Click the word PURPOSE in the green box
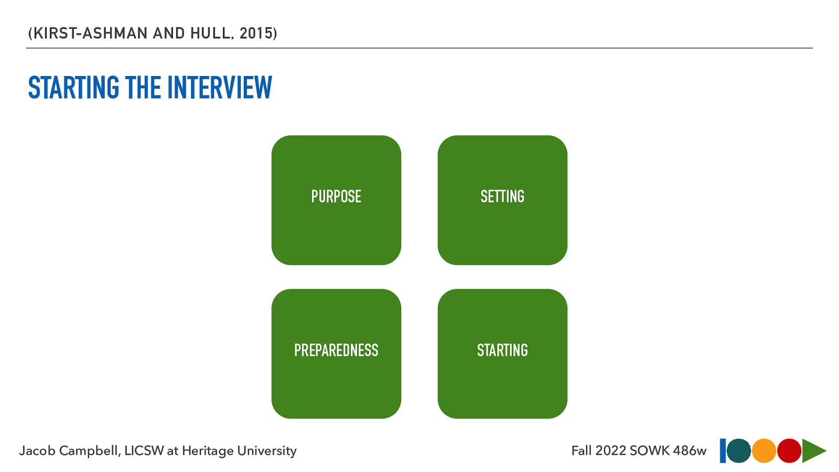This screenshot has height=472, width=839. tap(336, 197)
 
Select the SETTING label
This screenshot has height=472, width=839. tap(502, 197)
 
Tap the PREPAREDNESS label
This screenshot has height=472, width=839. tap(336, 350)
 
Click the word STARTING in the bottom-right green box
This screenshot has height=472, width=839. tap(502, 350)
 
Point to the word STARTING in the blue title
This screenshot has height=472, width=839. tap(74, 88)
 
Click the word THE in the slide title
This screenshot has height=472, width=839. tap(143, 88)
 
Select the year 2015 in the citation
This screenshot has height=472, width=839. tap(256, 34)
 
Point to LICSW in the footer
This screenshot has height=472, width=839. tap(144, 451)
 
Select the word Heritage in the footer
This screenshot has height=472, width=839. tap(208, 451)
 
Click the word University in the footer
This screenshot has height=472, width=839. tap(267, 451)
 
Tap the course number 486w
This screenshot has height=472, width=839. tap(690, 451)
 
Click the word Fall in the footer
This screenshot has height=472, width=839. tap(581, 451)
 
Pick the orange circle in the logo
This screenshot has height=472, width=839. tap(763, 451)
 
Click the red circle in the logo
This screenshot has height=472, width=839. tap(789, 451)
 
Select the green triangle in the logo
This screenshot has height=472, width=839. tap(812, 451)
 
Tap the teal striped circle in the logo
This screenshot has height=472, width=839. tap(739, 451)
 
